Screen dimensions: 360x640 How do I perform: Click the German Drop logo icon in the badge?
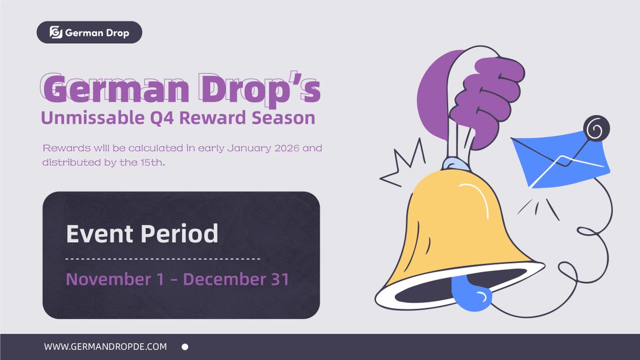coord(56,33)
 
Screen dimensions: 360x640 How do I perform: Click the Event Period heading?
coord(142,234)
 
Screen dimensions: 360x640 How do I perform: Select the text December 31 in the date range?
coord(236,279)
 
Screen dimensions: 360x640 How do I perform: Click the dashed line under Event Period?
coord(163,259)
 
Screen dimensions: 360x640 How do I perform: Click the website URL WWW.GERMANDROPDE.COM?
coord(106,347)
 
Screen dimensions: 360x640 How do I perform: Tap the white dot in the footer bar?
coord(185,347)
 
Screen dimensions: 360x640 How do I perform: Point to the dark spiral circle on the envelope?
coord(595,129)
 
